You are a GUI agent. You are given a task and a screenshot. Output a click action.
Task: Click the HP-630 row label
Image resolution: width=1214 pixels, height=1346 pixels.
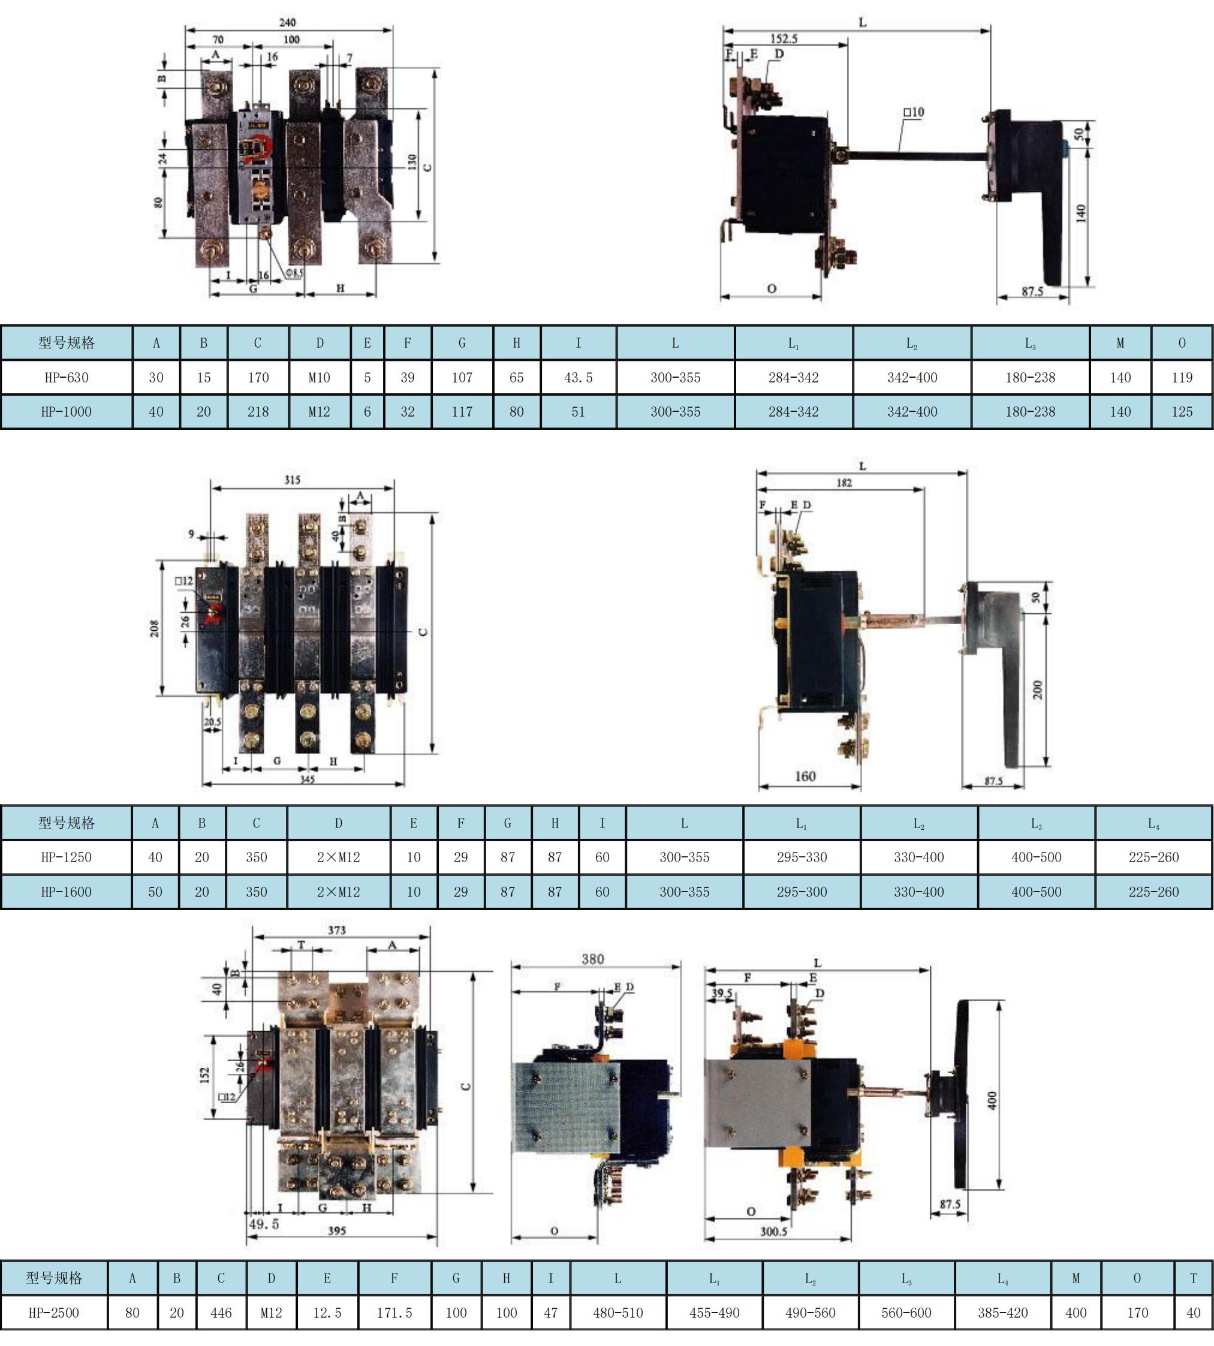click(67, 378)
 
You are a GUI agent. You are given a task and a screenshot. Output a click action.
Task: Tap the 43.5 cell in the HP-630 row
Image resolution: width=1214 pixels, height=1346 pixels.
click(579, 378)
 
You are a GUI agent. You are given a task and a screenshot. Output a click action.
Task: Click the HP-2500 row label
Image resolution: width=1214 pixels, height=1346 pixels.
click(53, 1312)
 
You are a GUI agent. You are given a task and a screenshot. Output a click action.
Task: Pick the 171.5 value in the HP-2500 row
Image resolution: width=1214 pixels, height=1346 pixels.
click(394, 1312)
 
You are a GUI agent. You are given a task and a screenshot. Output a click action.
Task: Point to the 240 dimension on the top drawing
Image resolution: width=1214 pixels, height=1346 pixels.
click(288, 23)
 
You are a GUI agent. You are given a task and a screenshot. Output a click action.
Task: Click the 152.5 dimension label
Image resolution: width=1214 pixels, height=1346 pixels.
click(784, 39)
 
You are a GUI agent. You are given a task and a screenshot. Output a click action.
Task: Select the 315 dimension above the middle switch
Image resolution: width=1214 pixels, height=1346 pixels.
click(292, 480)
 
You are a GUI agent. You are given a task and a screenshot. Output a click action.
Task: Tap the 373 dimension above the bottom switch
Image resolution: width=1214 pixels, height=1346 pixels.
click(337, 930)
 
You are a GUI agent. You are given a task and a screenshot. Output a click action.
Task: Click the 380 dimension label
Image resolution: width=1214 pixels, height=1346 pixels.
click(592, 959)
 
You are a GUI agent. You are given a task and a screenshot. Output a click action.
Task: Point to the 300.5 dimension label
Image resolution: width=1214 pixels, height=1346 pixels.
click(774, 1231)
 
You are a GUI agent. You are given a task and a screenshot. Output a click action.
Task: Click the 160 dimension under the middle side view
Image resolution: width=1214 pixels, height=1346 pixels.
click(805, 776)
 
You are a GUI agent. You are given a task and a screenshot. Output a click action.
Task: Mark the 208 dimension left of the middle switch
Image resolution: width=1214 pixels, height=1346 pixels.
click(155, 628)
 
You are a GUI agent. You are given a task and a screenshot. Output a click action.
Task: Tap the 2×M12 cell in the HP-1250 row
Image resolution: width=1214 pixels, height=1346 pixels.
click(338, 857)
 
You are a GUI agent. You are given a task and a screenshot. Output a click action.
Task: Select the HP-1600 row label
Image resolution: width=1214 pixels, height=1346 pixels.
click(66, 892)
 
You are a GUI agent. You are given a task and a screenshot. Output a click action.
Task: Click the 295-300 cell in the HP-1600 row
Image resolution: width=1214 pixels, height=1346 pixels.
click(802, 892)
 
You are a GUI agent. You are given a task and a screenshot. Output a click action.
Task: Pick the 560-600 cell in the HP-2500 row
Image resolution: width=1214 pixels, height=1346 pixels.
click(906, 1312)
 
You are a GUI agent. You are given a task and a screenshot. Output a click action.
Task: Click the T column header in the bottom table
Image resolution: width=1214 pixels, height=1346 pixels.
click(1194, 1278)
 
